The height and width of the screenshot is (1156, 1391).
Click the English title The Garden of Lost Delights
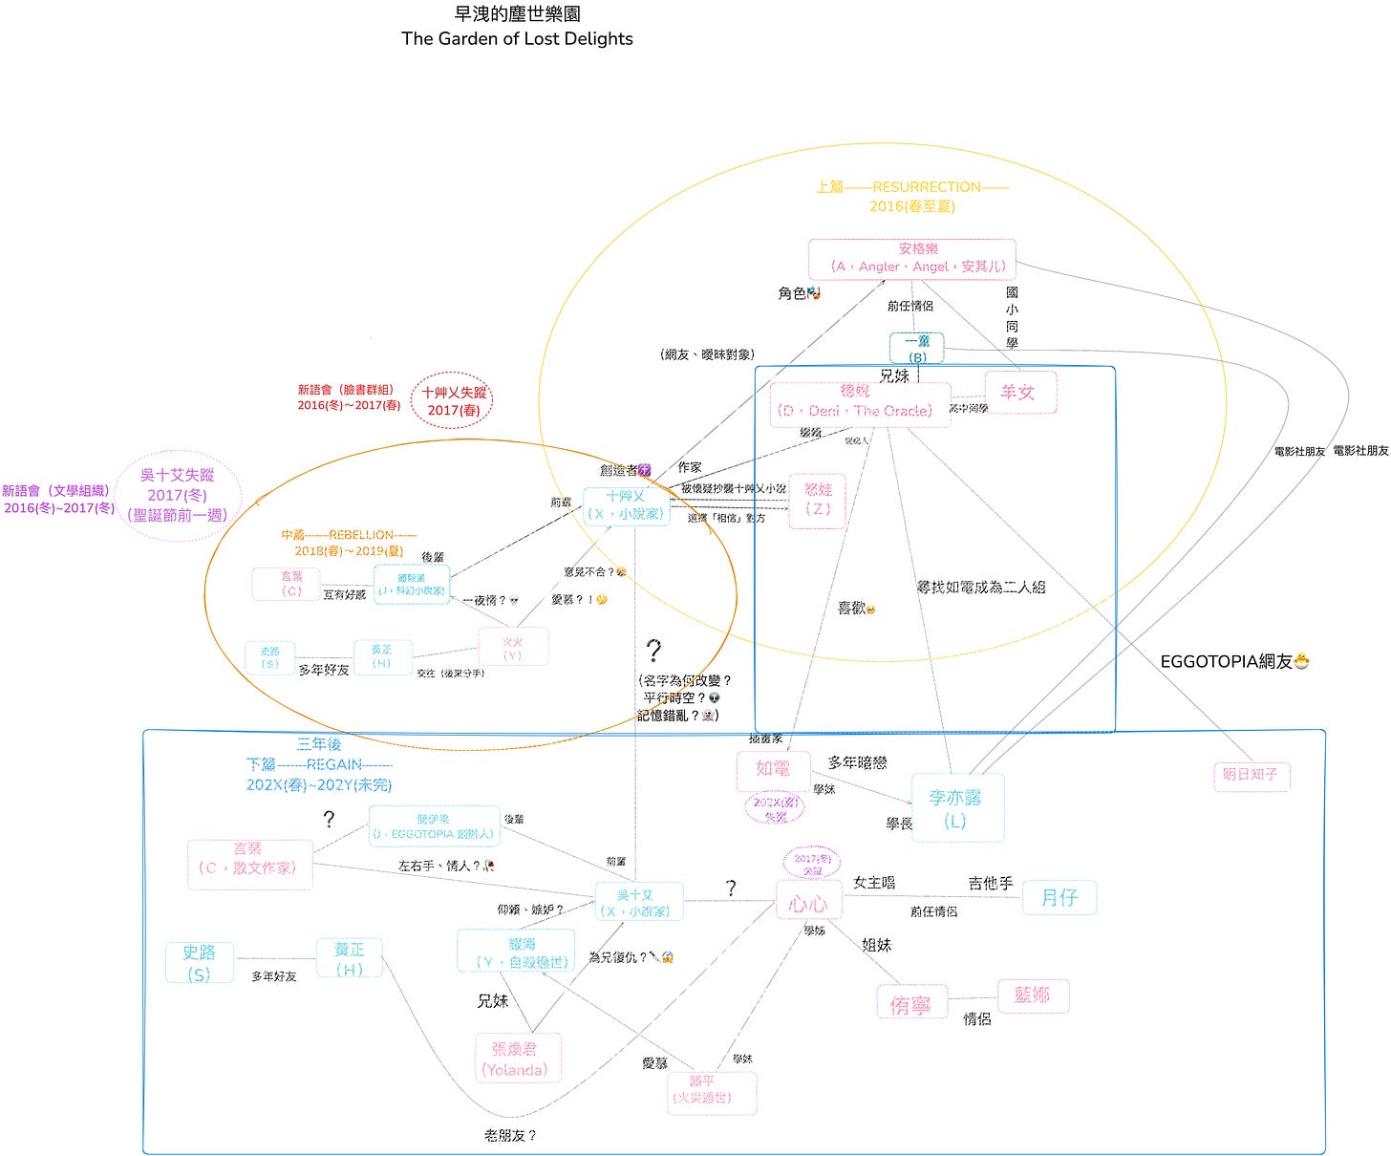click(x=517, y=39)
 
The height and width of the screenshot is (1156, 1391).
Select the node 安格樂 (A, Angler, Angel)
click(x=912, y=258)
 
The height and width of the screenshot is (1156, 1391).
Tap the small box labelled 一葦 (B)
click(x=917, y=349)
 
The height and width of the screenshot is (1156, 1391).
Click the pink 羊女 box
click(x=1020, y=392)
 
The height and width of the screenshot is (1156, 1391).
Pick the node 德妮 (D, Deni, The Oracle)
click(x=856, y=402)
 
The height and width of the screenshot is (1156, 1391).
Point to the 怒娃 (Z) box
click(x=817, y=500)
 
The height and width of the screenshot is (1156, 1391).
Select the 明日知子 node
click(x=1250, y=775)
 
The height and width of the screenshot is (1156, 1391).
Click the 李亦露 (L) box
click(x=957, y=808)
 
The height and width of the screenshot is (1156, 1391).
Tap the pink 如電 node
click(x=773, y=769)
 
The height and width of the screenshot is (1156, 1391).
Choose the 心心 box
click(x=807, y=903)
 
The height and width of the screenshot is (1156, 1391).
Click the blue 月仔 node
click(x=1059, y=897)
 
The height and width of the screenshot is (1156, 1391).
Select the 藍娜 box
click(x=1033, y=995)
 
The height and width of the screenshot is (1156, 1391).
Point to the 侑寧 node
click(x=910, y=1004)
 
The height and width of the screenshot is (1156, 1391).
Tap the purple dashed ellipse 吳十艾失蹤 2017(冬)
click(x=178, y=495)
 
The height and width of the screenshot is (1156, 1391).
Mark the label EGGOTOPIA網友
click(x=1233, y=661)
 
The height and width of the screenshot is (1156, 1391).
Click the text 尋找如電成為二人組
click(x=981, y=587)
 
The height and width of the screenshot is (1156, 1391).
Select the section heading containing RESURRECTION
click(x=912, y=187)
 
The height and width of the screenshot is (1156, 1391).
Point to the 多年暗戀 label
click(x=857, y=762)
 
